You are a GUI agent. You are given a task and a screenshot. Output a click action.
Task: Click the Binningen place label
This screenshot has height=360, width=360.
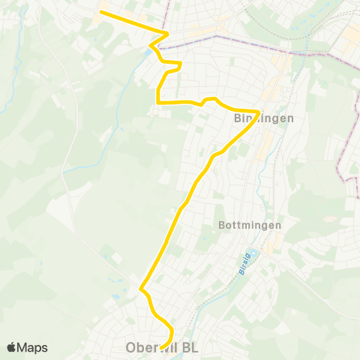[258, 119]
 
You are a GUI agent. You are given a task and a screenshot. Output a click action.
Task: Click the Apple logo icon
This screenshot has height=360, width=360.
[11, 347]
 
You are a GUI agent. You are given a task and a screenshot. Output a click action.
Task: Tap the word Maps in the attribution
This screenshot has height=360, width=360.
[33, 347]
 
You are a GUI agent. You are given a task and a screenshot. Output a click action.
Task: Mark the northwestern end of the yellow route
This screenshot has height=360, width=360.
[100, 12]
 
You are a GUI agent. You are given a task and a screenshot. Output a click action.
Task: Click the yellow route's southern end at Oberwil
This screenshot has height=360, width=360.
[160, 347]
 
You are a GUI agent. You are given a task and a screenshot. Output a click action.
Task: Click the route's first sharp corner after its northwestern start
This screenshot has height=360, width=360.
[167, 34]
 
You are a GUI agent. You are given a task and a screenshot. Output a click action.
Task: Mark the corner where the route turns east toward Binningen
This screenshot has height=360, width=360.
[157, 100]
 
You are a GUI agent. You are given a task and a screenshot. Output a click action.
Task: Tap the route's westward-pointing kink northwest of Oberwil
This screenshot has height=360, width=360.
[141, 286]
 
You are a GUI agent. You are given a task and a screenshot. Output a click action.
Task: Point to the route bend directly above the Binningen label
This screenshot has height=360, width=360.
[259, 112]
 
